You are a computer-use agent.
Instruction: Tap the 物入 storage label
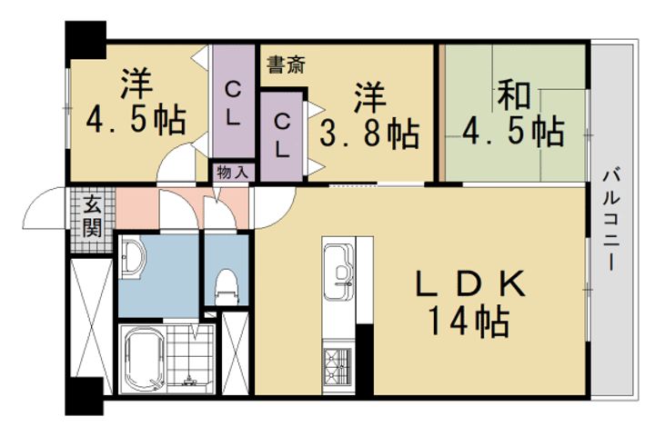pos(229,172)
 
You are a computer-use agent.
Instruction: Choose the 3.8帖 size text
pos(369,134)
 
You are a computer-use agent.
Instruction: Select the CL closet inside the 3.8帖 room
pos(284,133)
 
